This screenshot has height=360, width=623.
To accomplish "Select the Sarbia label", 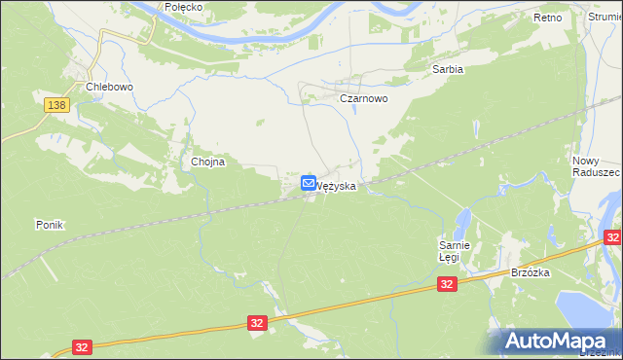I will (x=448, y=70).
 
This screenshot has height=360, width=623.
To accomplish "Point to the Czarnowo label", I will (x=363, y=99).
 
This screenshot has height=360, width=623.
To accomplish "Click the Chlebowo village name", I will (x=109, y=87).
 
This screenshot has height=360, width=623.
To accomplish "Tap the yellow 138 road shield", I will (x=56, y=104).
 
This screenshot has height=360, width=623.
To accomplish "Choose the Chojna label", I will (x=208, y=162).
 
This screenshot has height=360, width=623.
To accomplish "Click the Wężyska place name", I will (x=335, y=184).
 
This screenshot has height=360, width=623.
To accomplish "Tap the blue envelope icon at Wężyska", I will (x=309, y=182).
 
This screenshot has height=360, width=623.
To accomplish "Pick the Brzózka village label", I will (x=531, y=273).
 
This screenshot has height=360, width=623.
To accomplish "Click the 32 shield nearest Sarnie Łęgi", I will (x=447, y=284).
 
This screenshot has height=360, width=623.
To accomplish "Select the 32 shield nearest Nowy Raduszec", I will (x=612, y=237).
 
